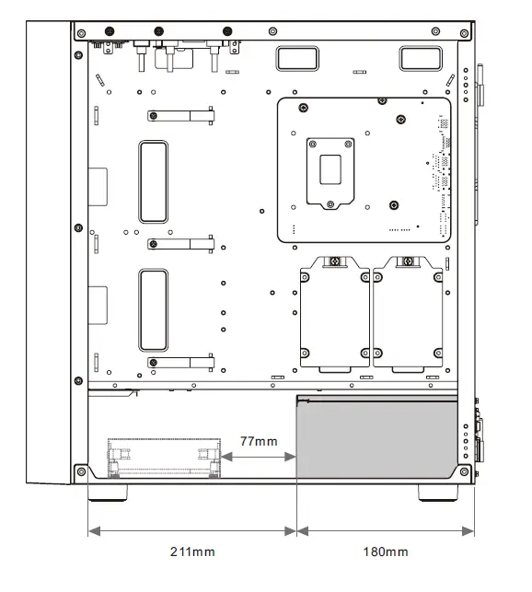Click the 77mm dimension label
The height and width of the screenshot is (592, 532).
[x=259, y=441]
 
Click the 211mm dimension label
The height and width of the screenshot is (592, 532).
[x=192, y=551]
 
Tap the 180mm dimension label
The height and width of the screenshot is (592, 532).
[x=386, y=551]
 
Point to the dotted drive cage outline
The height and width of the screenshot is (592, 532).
[x=164, y=440]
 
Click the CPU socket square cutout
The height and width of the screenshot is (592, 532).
[x=330, y=169]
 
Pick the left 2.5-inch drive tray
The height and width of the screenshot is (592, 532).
[x=335, y=313]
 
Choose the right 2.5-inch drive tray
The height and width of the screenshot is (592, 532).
[x=408, y=313]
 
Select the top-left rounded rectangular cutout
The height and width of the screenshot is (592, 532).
[x=297, y=58]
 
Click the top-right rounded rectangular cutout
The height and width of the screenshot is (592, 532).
[x=421, y=58]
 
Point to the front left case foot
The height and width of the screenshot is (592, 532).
[x=108, y=493]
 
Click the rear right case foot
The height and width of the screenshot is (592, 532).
[x=438, y=493]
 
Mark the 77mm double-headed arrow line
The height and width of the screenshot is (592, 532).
[x=259, y=457]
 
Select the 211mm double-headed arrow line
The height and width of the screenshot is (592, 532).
[x=192, y=531]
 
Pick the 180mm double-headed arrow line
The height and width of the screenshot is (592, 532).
[x=386, y=531]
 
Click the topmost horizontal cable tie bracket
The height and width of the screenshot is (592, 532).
[x=180, y=115]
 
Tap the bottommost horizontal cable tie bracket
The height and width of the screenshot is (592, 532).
[x=180, y=363]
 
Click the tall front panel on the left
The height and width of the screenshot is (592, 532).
[x=49, y=252]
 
